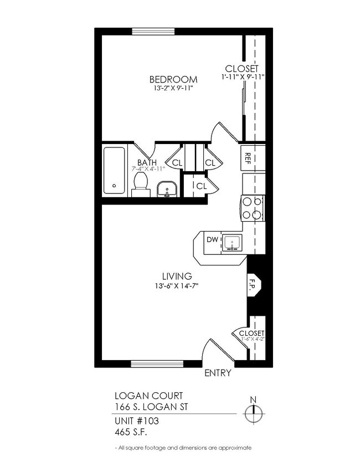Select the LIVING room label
177,276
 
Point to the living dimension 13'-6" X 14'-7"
177,286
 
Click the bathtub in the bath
115,171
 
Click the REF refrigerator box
248,157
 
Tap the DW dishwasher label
212,240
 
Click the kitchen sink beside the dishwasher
232,242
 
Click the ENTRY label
218,373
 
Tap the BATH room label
147,162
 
